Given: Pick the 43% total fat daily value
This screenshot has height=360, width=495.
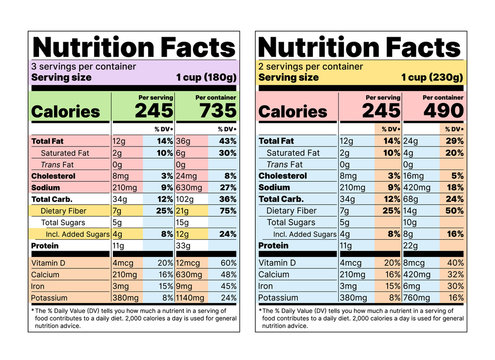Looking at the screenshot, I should pos(228,142).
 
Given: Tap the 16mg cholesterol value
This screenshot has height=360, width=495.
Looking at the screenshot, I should pos(413,175).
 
